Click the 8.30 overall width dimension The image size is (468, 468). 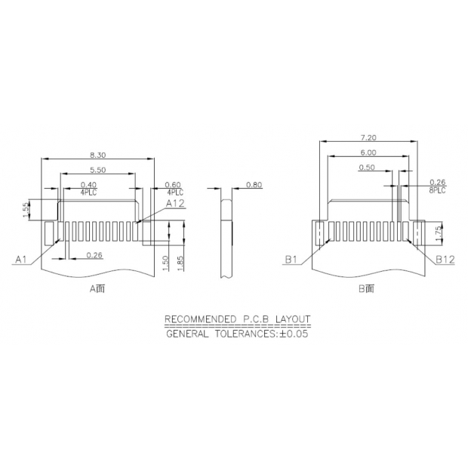(x=98, y=153)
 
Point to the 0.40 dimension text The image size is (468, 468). (x=88, y=185)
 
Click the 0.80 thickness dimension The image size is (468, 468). (x=254, y=185)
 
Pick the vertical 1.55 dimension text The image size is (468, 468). (x=26, y=209)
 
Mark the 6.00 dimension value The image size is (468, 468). (x=368, y=152)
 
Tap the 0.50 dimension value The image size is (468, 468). (x=368, y=168)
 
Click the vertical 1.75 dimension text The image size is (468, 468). (x=438, y=232)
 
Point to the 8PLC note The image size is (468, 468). (x=437, y=190)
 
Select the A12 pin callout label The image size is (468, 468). (x=175, y=204)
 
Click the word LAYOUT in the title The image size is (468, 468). (x=292, y=319)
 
